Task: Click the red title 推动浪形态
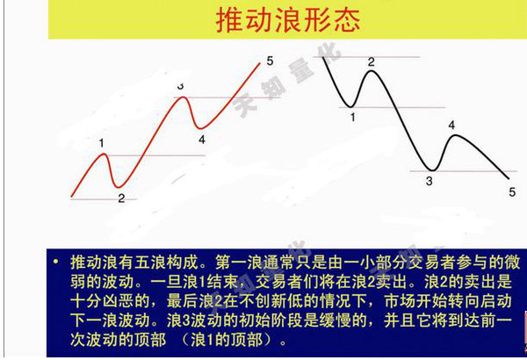click(x=288, y=20)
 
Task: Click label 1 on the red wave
click(x=102, y=143)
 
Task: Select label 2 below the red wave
click(x=121, y=198)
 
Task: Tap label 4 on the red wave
click(x=202, y=140)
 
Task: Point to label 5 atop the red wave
click(x=270, y=61)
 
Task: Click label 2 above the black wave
click(x=371, y=61)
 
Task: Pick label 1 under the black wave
click(x=352, y=118)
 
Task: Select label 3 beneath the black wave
click(x=430, y=181)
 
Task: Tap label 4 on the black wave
click(x=451, y=126)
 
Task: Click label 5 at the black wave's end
click(x=512, y=192)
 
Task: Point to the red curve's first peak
click(x=104, y=154)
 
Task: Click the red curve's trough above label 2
click(x=118, y=186)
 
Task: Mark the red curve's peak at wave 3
click(x=183, y=97)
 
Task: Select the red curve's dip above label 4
click(x=200, y=128)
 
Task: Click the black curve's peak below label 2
click(x=372, y=71)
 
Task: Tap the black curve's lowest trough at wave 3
click(x=432, y=170)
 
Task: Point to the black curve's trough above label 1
click(x=350, y=106)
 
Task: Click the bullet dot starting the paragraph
click(x=56, y=262)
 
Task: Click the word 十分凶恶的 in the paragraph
click(x=110, y=301)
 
